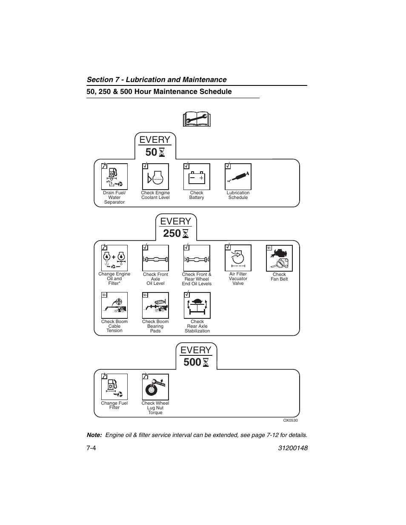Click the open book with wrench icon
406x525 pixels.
click(x=197, y=120)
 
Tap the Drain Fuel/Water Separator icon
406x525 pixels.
click(x=114, y=176)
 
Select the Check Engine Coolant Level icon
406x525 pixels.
click(x=155, y=176)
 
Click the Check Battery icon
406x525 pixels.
click(x=197, y=176)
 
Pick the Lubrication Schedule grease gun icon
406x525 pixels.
click(x=238, y=176)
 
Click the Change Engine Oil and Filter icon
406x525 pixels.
click(x=114, y=258)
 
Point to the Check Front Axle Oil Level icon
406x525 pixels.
click(x=155, y=258)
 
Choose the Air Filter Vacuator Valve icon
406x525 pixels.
click(x=238, y=258)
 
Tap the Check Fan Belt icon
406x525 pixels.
click(x=279, y=258)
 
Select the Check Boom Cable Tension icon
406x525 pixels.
click(x=114, y=305)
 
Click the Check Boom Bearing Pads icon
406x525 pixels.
click(x=155, y=305)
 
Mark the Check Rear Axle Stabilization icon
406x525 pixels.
click(x=197, y=305)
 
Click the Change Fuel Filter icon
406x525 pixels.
click(x=114, y=387)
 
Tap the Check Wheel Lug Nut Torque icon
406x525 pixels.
click(x=155, y=387)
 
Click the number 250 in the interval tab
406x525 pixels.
click(x=172, y=233)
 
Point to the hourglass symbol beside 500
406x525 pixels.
click(x=206, y=363)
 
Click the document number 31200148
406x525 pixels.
click(x=291, y=448)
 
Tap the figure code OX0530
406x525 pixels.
click(x=290, y=420)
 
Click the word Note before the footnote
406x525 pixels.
click(x=94, y=435)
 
